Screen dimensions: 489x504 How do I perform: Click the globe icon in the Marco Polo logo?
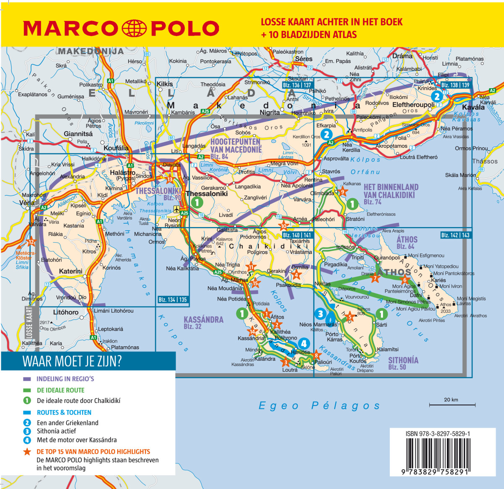coord(134,28)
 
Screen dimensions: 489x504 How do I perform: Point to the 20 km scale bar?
coord(452,405)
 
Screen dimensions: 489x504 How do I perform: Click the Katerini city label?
coord(71,271)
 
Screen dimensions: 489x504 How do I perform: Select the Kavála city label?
coord(473,107)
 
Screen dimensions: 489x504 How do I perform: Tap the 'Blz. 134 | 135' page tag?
coord(173,299)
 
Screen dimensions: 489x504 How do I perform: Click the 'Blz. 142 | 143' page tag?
coord(455,235)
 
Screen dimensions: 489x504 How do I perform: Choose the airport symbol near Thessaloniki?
coord(176,209)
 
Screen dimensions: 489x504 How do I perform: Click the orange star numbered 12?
coord(31,242)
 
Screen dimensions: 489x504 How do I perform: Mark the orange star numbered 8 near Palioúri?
coord(316,356)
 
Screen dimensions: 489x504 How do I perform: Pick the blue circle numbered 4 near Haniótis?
coord(304,343)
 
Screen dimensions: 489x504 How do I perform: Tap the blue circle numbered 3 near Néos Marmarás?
coord(320,314)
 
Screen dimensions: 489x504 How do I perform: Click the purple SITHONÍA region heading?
coord(403,360)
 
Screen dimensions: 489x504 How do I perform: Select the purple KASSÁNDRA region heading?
coord(203,319)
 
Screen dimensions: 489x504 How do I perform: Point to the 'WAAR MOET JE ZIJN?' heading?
coord(72,361)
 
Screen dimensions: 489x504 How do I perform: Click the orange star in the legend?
coord(27,452)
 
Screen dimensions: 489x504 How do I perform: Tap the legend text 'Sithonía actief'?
coord(56,431)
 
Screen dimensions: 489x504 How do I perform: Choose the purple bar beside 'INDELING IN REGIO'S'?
coord(27,379)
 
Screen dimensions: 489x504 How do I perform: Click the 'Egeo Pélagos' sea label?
coord(319,405)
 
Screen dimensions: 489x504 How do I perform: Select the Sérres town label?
coord(304,59)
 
